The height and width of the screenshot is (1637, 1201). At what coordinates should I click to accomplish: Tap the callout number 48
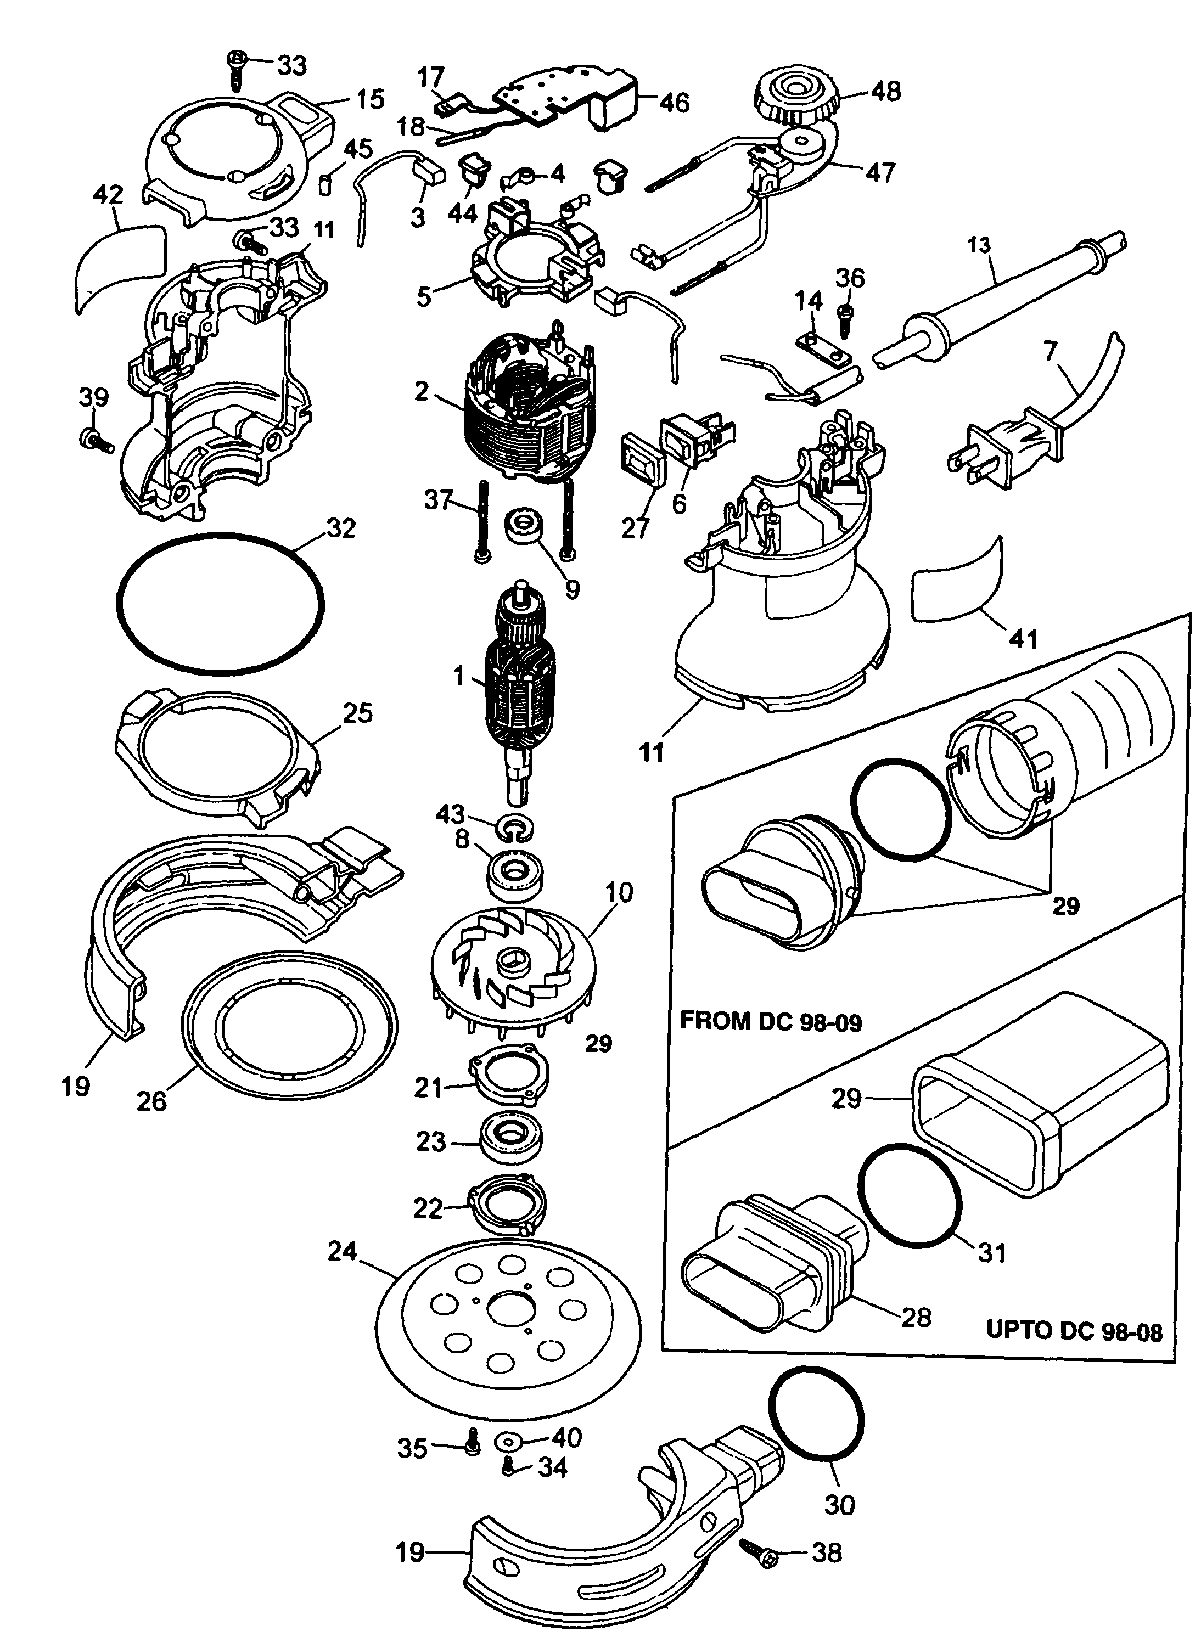pos(885,91)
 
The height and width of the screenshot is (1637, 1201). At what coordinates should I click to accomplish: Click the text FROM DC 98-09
pos(771,1021)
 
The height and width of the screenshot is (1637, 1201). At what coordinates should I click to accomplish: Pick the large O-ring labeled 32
pos(220,597)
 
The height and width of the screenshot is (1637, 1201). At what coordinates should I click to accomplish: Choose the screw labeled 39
pos(94,439)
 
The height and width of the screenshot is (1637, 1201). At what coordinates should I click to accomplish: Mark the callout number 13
pos(979,245)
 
